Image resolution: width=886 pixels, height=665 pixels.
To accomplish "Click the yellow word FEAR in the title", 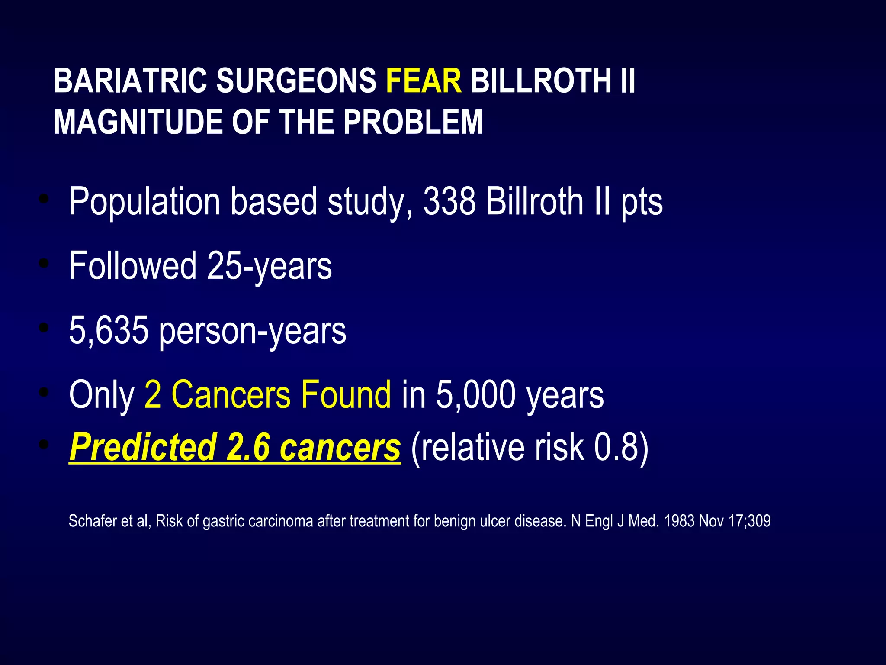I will coord(424,81).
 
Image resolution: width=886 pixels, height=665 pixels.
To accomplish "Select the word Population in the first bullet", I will coord(145,202).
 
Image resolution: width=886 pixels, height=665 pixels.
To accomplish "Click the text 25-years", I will coord(270,266).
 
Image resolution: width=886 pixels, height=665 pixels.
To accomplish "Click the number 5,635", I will coord(109,331).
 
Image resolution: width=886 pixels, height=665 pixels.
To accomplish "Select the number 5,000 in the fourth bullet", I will coord(476,395).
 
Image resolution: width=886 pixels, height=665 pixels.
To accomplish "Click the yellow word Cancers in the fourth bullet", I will coord(231,394).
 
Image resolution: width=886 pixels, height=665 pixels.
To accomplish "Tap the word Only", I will coord(102,395).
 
